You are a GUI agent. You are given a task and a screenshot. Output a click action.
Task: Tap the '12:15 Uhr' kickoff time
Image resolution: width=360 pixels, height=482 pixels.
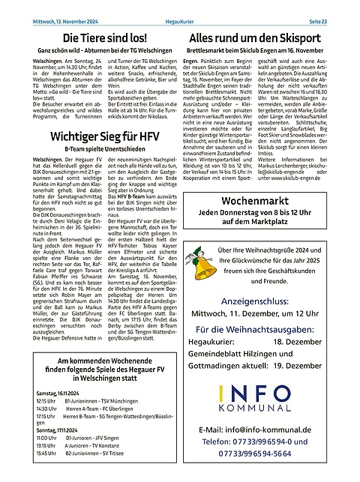click(x=46, y=401)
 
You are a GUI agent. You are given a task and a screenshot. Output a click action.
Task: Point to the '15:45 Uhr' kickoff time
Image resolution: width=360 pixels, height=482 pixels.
click(x=46, y=453)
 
